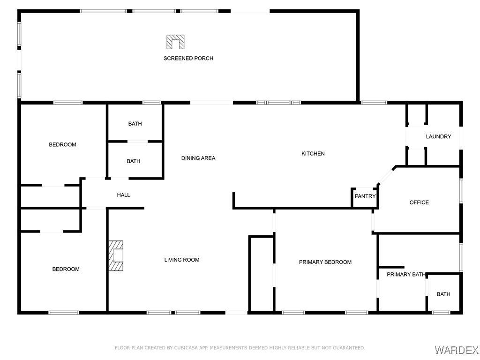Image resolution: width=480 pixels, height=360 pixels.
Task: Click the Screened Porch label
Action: [188, 58]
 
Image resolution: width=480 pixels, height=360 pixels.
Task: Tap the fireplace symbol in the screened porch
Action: [175, 42]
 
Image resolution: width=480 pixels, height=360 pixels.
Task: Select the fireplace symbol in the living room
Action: [116, 255]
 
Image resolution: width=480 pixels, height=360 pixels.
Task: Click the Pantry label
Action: [365, 196]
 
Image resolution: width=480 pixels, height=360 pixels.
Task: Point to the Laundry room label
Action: [438, 136]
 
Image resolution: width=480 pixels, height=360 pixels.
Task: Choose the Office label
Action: [419, 202]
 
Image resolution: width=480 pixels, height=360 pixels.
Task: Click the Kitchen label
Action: [313, 154]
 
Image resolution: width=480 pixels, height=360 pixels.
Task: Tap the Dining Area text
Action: [198, 158]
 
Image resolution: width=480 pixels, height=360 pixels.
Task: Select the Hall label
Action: [123, 195]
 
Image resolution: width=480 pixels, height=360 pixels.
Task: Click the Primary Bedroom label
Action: [325, 262]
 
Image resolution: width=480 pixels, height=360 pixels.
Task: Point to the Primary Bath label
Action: [406, 274]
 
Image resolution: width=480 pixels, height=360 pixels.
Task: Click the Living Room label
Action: [182, 260]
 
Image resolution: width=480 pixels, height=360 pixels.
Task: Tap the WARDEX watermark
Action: [456, 350]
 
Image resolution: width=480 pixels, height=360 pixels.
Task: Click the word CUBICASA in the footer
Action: [185, 348]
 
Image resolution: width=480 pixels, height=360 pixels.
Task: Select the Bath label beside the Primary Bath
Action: [443, 294]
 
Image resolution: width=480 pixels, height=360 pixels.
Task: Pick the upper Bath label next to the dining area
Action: [135, 124]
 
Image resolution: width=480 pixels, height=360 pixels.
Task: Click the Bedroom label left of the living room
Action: [66, 269]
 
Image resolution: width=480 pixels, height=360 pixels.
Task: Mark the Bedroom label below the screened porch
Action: [62, 144]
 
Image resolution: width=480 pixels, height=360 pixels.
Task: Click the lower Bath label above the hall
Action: [134, 161]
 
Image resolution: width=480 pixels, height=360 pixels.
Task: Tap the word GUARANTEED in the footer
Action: [349, 348]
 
